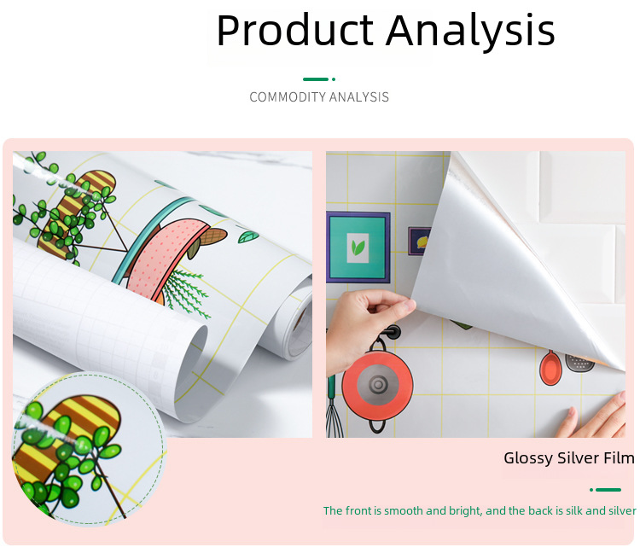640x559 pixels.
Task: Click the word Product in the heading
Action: pyautogui.click(x=294, y=30)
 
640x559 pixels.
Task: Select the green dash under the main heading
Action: pyautogui.click(x=316, y=79)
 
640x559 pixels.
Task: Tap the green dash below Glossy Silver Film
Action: pyautogui.click(x=608, y=490)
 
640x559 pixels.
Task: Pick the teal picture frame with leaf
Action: pyautogui.click(x=358, y=247)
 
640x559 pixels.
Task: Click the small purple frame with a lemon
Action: pyautogui.click(x=420, y=241)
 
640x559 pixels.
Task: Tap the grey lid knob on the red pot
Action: pyautogui.click(x=378, y=384)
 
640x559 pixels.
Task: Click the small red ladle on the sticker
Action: pyautogui.click(x=550, y=368)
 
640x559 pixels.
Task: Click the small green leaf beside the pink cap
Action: pyautogui.click(x=248, y=236)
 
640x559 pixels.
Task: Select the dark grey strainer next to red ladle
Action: pyautogui.click(x=579, y=363)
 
